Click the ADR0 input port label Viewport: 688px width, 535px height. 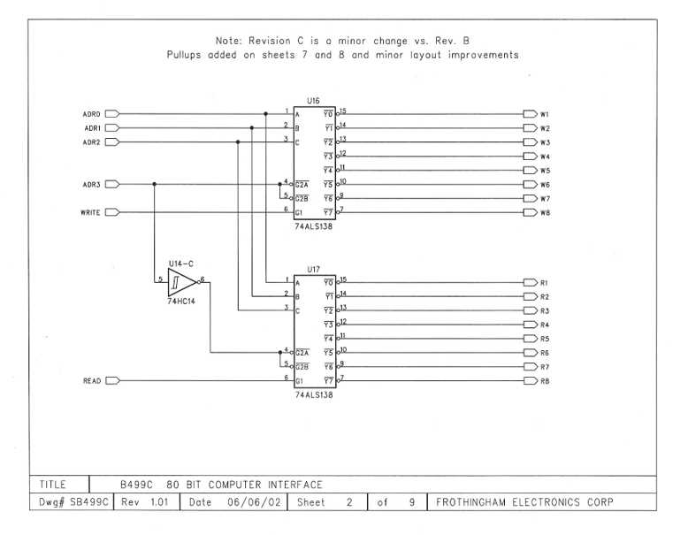tap(91, 114)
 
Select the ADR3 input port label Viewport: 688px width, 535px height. tap(91, 184)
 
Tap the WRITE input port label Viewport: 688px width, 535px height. tap(91, 212)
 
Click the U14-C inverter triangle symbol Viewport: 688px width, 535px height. tap(180, 281)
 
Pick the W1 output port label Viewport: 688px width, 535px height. tap(546, 114)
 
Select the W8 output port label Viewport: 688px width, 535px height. tap(546, 212)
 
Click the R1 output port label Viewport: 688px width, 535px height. tap(545, 283)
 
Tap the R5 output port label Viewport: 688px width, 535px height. tap(545, 339)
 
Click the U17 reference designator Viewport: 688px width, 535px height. tap(312, 269)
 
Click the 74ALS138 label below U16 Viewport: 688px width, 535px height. tap(314, 226)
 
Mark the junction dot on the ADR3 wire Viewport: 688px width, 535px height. tap(155, 184)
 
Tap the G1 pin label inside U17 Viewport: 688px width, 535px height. tap(300, 381)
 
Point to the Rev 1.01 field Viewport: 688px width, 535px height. tap(144, 502)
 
